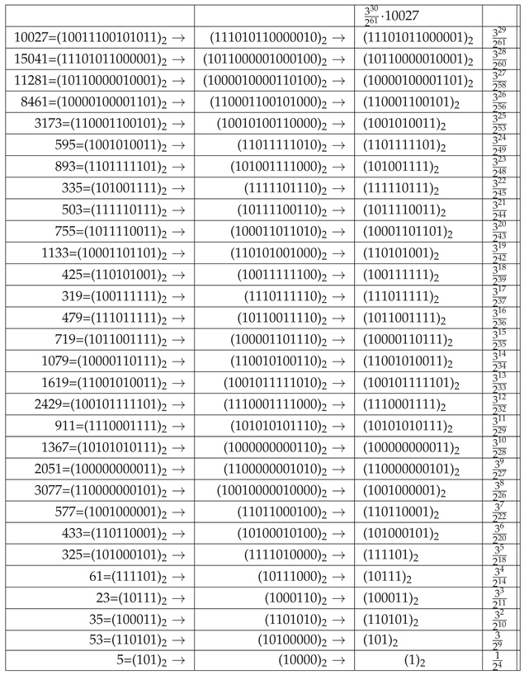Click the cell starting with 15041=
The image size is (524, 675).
coord(98,59)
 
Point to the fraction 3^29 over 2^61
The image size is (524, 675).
coord(500,38)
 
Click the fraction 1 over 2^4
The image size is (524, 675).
coord(500,661)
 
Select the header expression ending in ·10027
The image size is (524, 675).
coord(393,16)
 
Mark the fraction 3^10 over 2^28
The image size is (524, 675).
coord(500,446)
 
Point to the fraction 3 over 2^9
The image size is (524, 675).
coord(500,640)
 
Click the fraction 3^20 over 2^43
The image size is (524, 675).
coord(500,232)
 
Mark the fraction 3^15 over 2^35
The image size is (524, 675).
coord(500,339)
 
